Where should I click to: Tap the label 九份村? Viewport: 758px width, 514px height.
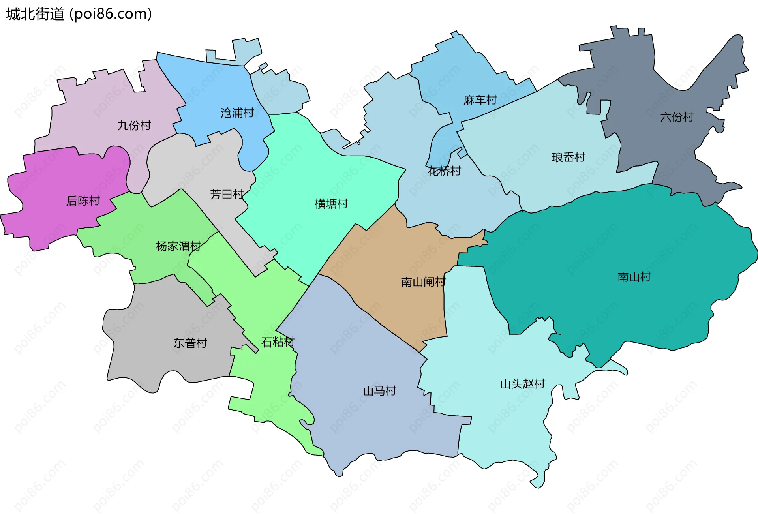(x=134, y=126)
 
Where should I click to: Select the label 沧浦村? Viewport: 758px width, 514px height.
(x=237, y=113)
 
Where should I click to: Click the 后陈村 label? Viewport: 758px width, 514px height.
(x=83, y=201)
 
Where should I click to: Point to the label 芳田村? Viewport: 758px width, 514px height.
(x=227, y=194)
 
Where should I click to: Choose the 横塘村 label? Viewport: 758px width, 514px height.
(x=331, y=204)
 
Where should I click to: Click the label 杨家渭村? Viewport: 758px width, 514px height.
(x=178, y=246)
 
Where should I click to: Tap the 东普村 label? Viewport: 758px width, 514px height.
(x=190, y=343)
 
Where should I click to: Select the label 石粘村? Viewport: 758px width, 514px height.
(x=278, y=342)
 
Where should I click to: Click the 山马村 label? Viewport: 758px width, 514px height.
(x=379, y=391)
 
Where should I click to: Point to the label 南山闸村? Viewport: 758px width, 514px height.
(x=423, y=282)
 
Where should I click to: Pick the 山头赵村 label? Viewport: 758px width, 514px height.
(x=523, y=384)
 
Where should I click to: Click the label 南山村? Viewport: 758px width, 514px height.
(x=634, y=277)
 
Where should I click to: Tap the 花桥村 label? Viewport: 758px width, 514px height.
(x=445, y=171)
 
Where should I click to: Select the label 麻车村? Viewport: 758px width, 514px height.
(x=480, y=100)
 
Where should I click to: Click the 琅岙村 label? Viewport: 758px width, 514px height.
(x=568, y=157)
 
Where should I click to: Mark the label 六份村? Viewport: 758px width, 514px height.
(x=677, y=117)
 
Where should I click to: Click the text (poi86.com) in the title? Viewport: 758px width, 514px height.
(x=111, y=14)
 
